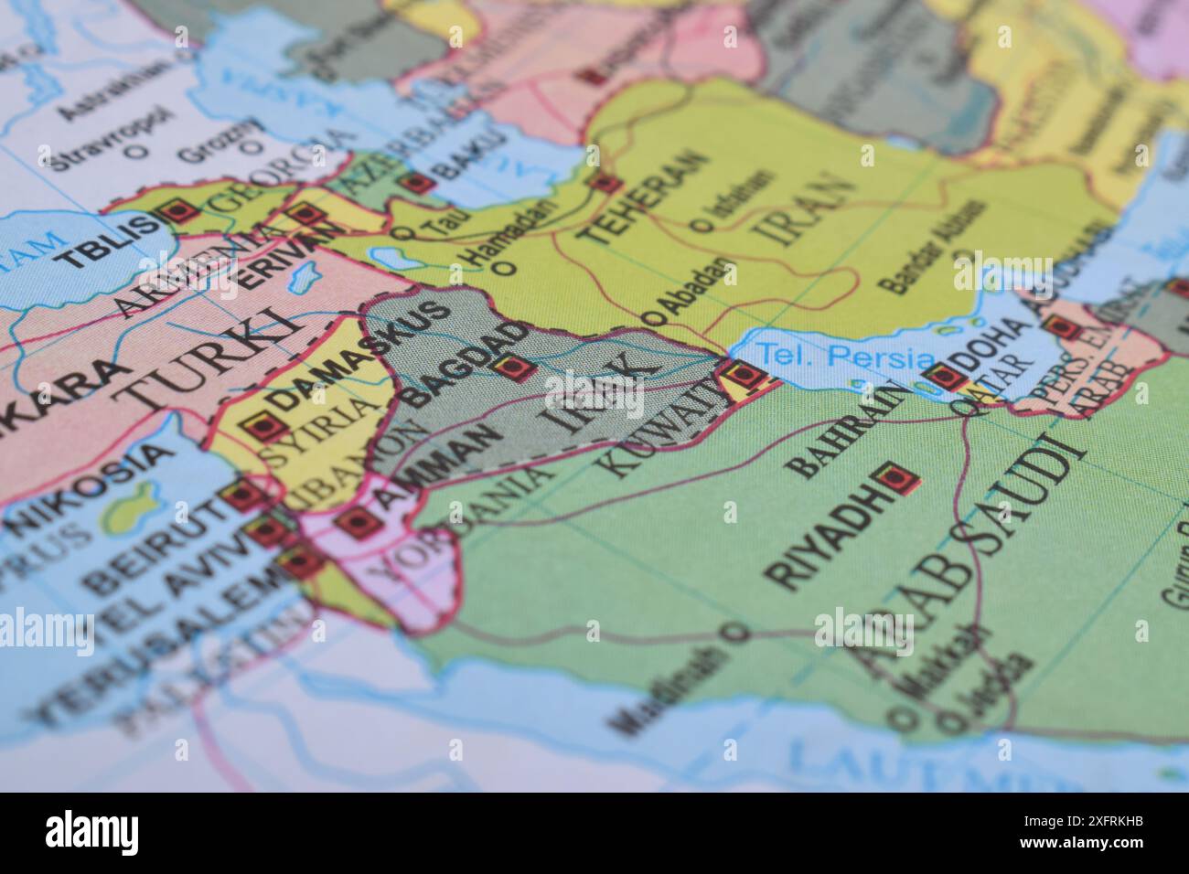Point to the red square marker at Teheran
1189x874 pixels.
(x=605, y=183)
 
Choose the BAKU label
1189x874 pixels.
(x=471, y=155)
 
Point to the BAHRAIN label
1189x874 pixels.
(x=850, y=429)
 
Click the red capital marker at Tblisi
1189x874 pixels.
(x=180, y=212)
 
